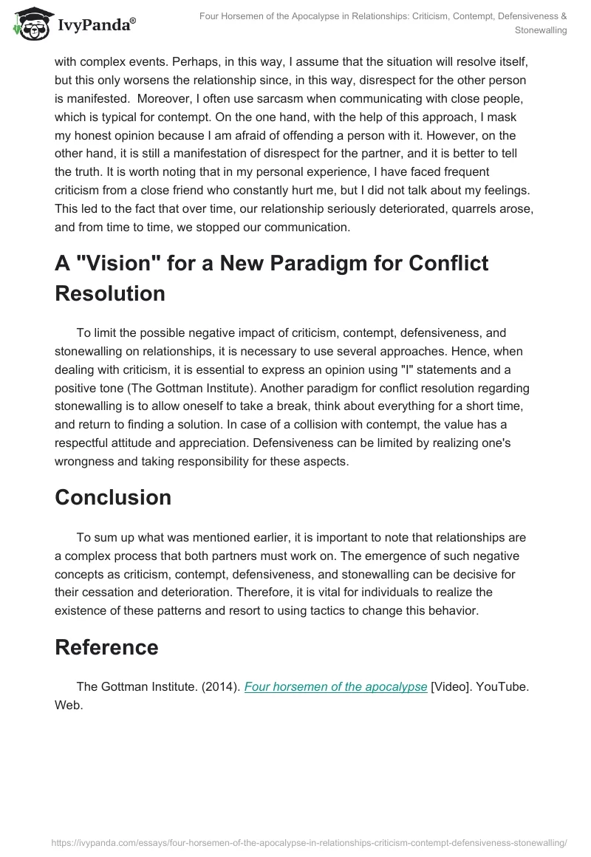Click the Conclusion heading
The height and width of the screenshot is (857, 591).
tap(113, 497)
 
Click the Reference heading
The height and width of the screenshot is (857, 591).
tap(106, 647)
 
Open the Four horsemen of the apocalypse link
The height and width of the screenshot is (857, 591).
tap(335, 686)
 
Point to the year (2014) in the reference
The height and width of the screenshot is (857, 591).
tap(219, 686)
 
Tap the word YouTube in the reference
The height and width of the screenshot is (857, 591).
tap(503, 686)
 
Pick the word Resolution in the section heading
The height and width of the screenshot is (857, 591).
tap(110, 293)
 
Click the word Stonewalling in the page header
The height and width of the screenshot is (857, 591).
tap(542, 31)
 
